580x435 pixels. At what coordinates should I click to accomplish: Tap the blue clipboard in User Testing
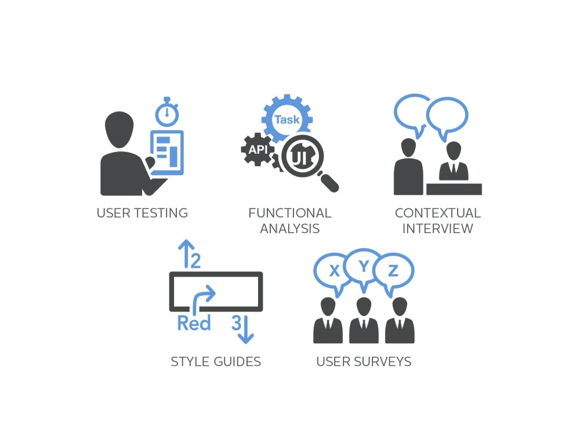[167, 153]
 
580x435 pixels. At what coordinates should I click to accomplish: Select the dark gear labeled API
[258, 150]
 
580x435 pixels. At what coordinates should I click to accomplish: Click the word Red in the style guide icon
[194, 323]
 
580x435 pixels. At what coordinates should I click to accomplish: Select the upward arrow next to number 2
[186, 253]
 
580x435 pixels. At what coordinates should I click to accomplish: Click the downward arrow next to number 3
[245, 329]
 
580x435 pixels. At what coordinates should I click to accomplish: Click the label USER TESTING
[143, 213]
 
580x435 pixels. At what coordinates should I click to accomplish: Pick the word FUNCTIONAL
[290, 213]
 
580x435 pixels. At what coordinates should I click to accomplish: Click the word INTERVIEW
[437, 229]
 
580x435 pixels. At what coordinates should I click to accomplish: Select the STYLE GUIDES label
[216, 361]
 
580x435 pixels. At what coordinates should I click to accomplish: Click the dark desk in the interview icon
[454, 189]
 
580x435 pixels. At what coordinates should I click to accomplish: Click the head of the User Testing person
[119, 129]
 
